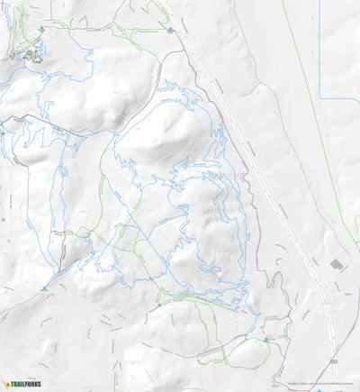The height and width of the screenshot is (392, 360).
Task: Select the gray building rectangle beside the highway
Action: [x=337, y=264]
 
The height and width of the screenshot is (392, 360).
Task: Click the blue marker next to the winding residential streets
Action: [x=40, y=29]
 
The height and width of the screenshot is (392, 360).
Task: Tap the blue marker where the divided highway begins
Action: [x=170, y=30]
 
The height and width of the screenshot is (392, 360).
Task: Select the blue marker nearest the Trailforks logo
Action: [x=44, y=288]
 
